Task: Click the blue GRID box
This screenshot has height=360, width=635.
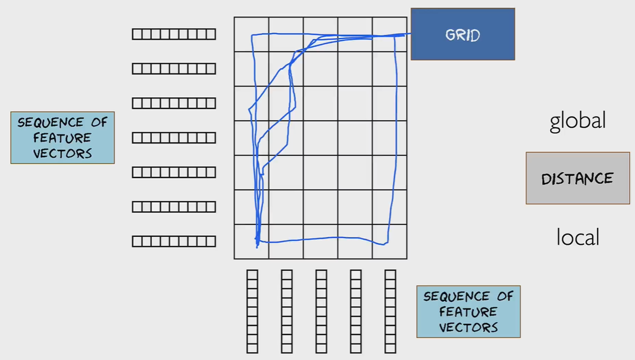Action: coord(462,34)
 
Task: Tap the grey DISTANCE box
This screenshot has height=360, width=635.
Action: coord(577,178)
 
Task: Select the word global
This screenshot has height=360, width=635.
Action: coord(577,121)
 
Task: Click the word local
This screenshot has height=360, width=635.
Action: coord(577,237)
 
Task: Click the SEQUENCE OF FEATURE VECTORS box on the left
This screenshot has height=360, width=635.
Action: coord(62,138)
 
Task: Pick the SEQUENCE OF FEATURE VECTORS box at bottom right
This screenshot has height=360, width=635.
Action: coord(468,311)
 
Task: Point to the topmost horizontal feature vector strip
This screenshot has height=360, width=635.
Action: coord(174,34)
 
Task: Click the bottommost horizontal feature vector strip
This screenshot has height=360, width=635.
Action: coord(174,242)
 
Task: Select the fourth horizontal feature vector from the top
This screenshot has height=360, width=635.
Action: coord(174,138)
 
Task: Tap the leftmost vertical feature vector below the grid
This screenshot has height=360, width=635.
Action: coord(252,311)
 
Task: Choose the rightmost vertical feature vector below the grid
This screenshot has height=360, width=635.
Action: coord(390,311)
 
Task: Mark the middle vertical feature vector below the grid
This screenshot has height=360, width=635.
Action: coord(321,311)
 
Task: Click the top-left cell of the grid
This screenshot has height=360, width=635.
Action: coord(251,34)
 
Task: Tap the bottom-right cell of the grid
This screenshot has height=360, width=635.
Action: coord(390,242)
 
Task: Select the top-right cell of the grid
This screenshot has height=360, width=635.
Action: coord(390,34)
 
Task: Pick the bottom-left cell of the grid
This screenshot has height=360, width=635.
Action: coord(251,242)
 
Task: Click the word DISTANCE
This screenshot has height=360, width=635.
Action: coord(577,179)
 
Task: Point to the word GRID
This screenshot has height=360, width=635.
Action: coord(462,34)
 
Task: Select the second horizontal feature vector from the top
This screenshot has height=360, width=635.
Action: coord(174,69)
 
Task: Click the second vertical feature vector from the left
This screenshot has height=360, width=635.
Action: coord(286,311)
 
